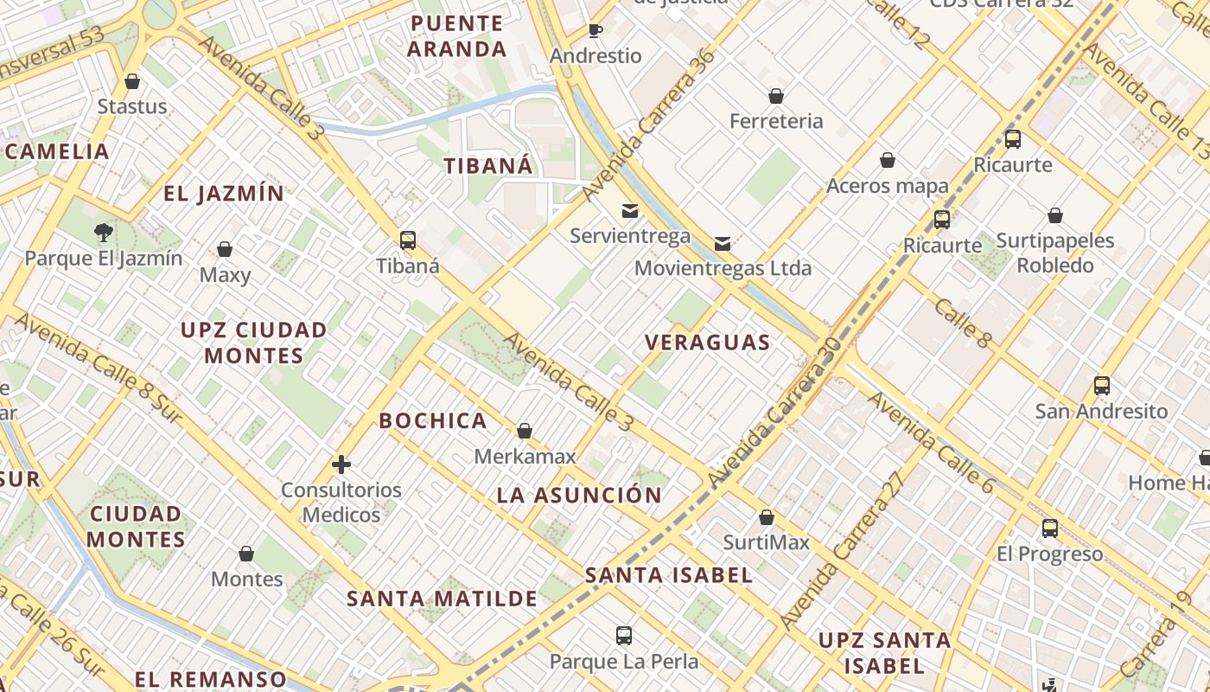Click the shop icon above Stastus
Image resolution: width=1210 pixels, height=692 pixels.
pyautogui.click(x=132, y=81)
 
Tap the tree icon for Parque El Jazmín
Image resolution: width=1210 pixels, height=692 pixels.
pyautogui.click(x=104, y=232)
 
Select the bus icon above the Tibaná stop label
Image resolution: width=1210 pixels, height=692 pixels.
pyautogui.click(x=408, y=240)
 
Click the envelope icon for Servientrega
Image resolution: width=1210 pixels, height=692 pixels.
pyautogui.click(x=630, y=210)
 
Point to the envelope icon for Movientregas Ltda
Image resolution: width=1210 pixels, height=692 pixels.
pyautogui.click(x=723, y=243)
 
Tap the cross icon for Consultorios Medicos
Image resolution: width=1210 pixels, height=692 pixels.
pyautogui.click(x=341, y=465)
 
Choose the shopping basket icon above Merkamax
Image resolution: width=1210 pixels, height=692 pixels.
pyautogui.click(x=525, y=431)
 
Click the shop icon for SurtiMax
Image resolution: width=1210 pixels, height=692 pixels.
pyautogui.click(x=767, y=517)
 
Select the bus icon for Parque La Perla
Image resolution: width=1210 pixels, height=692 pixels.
pyautogui.click(x=624, y=636)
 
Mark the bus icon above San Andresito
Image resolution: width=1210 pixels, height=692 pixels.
pyautogui.click(x=1102, y=385)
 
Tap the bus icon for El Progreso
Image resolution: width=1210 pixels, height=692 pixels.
pyautogui.click(x=1050, y=528)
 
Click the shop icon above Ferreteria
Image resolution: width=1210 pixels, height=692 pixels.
pyautogui.click(x=776, y=95)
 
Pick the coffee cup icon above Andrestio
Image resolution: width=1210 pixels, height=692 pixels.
pyautogui.click(x=595, y=31)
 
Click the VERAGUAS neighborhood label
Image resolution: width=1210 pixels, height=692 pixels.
pyautogui.click(x=708, y=343)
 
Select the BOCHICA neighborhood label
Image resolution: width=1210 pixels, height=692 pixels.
pyautogui.click(x=433, y=421)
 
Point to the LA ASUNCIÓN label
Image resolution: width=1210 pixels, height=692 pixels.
pyautogui.click(x=579, y=496)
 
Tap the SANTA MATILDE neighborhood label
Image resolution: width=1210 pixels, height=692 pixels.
pyautogui.click(x=443, y=599)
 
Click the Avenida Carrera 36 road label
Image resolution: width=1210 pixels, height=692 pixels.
pyautogui.click(x=649, y=124)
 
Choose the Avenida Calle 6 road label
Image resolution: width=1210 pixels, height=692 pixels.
pyautogui.click(x=931, y=442)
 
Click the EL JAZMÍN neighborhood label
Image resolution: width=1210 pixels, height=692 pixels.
pyautogui.click(x=224, y=194)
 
